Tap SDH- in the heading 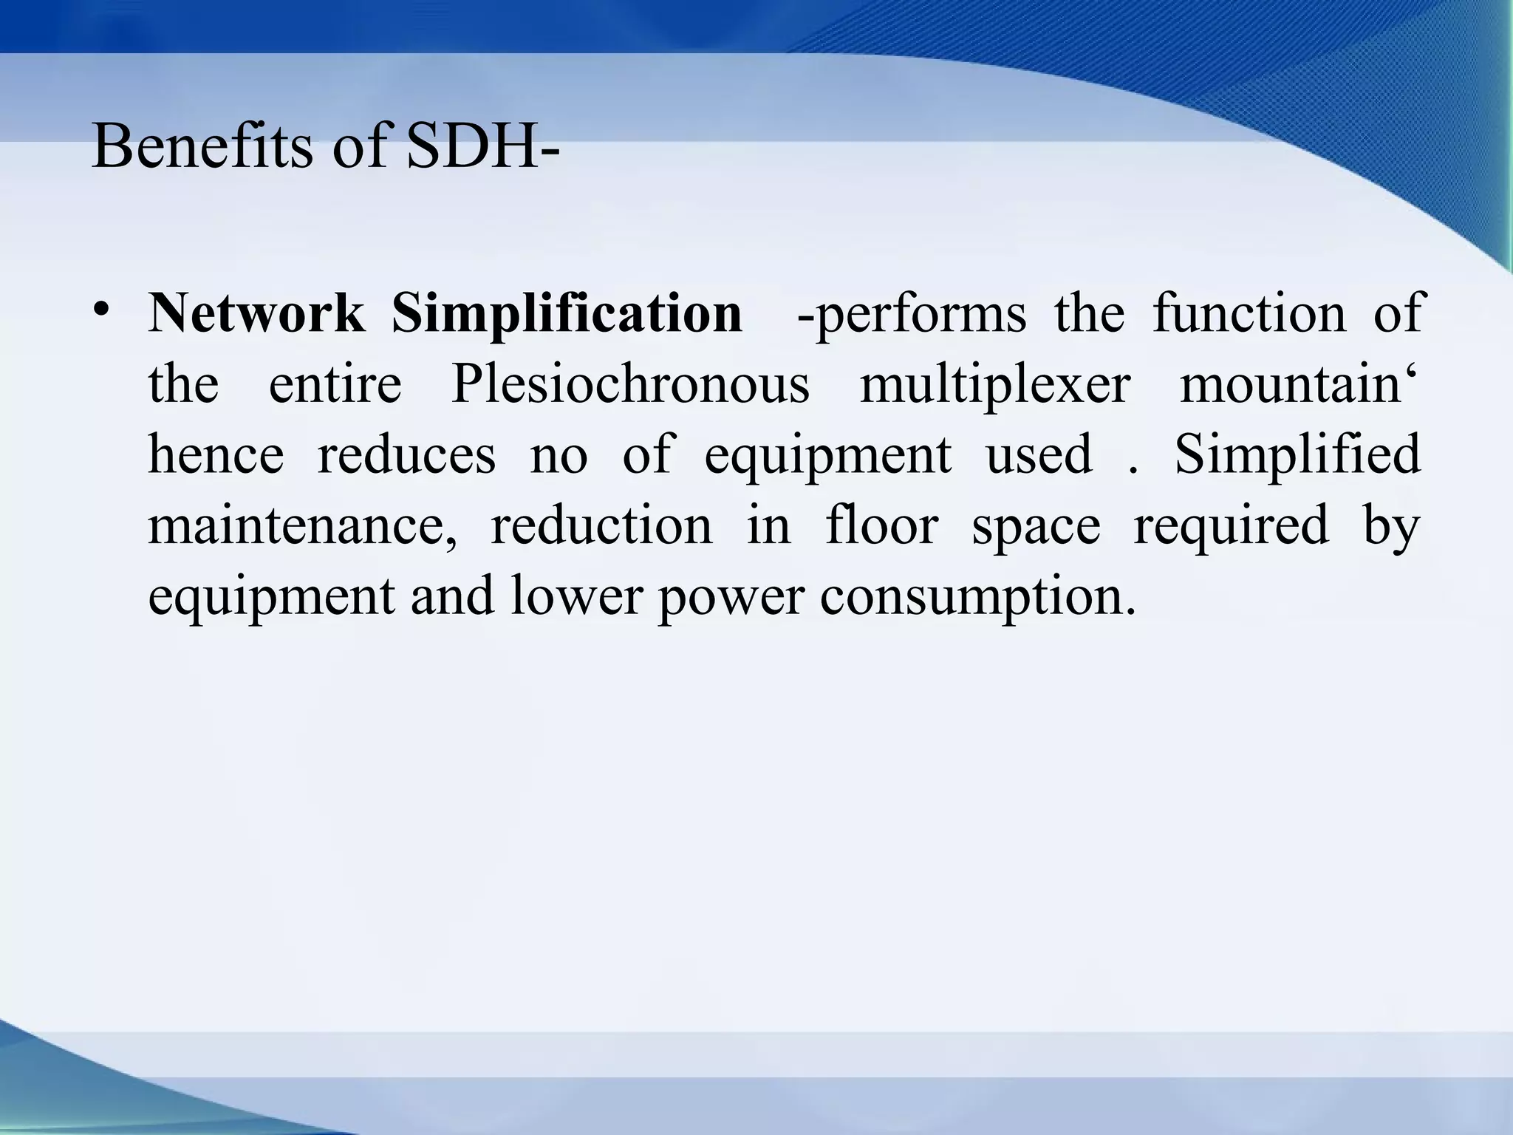click(x=482, y=146)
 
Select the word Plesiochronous click(x=630, y=384)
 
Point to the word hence click(x=216, y=455)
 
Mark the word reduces click(x=406, y=455)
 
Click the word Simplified click(x=1297, y=455)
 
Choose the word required click(x=1231, y=526)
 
